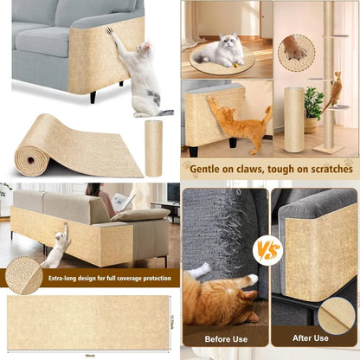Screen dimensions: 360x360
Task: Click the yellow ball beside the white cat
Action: click(240, 63)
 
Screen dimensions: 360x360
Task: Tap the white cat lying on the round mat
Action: click(221, 49)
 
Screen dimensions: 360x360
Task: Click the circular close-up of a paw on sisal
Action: click(296, 53)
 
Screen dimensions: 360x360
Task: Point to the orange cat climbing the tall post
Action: click(332, 88)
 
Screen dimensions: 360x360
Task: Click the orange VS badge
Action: click(267, 249)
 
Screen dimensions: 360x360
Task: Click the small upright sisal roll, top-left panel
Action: click(153, 147)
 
